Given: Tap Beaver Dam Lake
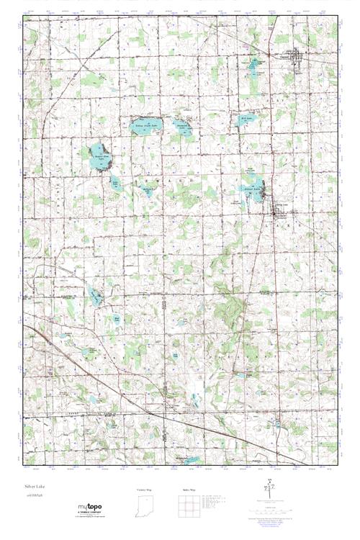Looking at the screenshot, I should pos(99,153).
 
